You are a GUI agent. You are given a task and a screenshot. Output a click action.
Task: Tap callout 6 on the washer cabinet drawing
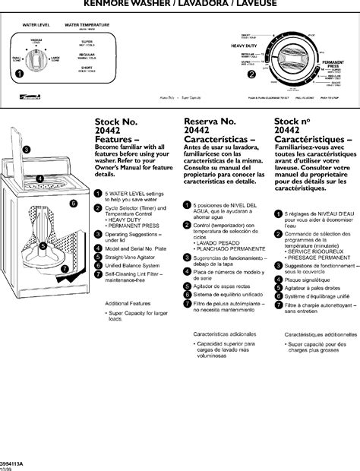[x=74, y=204]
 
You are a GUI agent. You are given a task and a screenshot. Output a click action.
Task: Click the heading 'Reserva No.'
[x=210, y=122]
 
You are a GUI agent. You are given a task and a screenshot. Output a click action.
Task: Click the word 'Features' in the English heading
[x=115, y=141]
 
